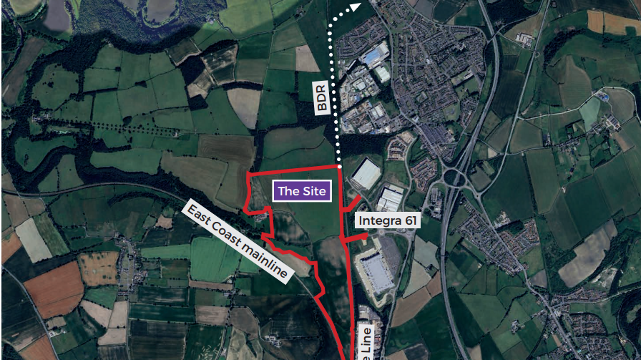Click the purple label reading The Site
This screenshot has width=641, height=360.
pos(301,191)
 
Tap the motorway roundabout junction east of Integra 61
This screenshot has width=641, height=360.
pos(455,176)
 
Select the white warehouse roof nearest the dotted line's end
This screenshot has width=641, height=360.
pos(368,174)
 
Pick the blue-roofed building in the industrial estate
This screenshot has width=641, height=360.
pos(373,56)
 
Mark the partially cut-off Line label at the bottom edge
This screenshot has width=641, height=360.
pos(365,343)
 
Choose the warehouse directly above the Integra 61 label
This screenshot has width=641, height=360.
pos(391,198)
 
